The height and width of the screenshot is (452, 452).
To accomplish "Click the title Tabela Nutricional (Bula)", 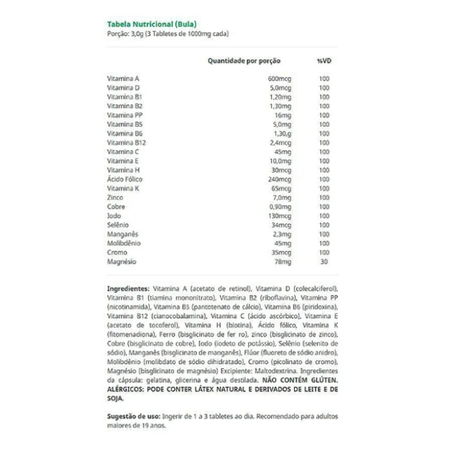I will [152, 24].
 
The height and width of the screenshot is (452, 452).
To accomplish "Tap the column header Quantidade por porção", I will [244, 61].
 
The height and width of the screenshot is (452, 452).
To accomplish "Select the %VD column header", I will [324, 61].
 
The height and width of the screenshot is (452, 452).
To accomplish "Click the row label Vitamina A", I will [123, 79].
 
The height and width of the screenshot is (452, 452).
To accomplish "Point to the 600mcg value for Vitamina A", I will [280, 79].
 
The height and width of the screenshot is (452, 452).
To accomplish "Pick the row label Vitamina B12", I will [126, 143].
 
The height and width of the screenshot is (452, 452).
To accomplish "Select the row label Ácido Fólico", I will [125, 180].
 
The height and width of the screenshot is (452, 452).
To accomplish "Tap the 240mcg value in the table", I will [280, 180].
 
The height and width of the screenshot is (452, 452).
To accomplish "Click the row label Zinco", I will [115, 198].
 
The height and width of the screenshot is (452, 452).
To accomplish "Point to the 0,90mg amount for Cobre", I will [280, 207].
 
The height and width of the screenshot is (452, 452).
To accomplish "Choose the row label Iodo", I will [114, 216].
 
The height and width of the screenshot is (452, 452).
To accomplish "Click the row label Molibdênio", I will [124, 244].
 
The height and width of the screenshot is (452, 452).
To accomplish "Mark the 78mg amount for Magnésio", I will [283, 262].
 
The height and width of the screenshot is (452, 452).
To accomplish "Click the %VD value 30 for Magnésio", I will [324, 262].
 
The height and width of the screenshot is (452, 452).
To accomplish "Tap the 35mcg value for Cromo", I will [281, 253].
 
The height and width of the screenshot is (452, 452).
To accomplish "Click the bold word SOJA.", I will [116, 398].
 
